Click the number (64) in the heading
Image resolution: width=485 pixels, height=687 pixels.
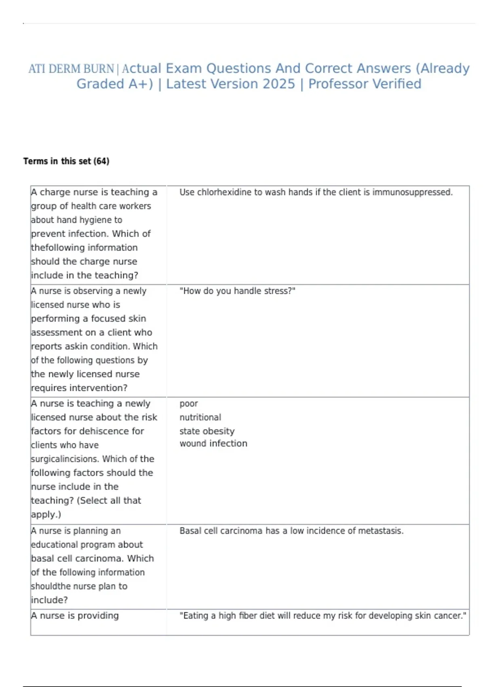tap(101, 161)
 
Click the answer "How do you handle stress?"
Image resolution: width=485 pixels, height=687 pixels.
tap(237, 291)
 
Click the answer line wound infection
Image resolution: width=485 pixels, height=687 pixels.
tap(213, 444)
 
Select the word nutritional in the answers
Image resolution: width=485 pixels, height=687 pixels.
tap(200, 417)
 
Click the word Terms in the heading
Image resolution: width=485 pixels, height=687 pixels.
tap(36, 161)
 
